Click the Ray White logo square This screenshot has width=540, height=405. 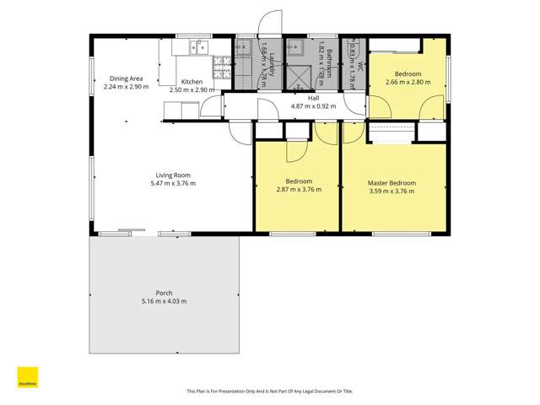[27, 377]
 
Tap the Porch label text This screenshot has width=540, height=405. [164, 294]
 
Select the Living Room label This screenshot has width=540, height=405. [172, 175]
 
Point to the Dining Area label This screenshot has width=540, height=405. [126, 78]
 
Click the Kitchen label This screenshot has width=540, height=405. [192, 82]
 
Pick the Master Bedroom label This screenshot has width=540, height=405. [391, 182]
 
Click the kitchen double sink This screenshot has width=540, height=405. [199, 46]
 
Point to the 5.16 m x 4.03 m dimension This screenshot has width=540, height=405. [164, 301]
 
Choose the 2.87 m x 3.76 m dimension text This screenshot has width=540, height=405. [300, 190]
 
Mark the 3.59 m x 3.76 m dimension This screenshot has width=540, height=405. [391, 191]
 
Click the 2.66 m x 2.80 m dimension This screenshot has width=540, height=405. [408, 83]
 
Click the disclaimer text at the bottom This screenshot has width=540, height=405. [269, 391]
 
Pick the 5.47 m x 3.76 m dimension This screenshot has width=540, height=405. [172, 183]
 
